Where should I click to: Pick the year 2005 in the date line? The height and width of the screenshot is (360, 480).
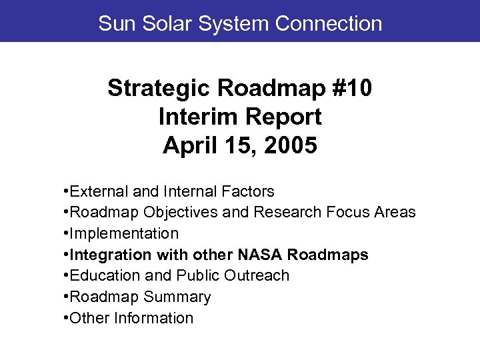point(291,145)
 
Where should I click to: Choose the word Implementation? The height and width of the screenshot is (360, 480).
point(124,234)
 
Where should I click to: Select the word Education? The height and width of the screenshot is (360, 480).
point(102,276)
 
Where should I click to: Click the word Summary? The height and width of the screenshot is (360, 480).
point(179,297)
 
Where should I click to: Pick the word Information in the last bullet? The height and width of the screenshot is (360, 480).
point(154,319)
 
